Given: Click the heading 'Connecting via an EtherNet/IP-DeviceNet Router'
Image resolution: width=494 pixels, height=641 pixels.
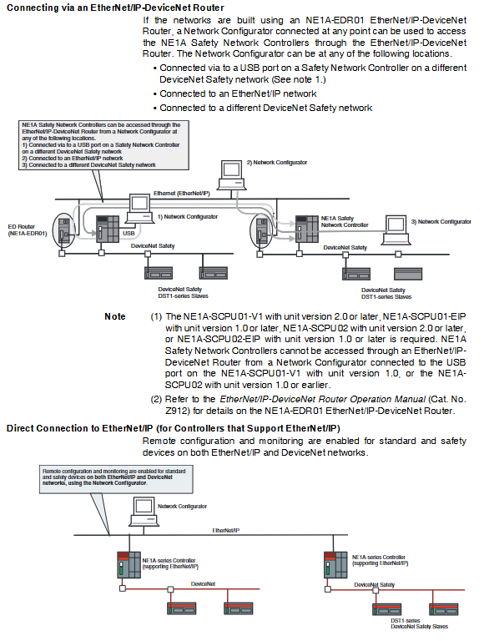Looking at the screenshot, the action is coord(116,8).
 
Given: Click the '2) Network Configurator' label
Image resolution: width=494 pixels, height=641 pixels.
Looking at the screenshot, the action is coord(277,162).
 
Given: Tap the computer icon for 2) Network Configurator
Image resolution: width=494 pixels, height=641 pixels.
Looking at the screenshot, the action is coord(232,175).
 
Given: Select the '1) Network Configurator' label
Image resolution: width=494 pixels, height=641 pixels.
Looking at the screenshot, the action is coord(188,217).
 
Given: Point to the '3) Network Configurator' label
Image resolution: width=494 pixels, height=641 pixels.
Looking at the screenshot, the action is coord(441,221).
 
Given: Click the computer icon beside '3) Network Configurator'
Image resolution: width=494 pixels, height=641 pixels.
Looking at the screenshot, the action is coord(396,230).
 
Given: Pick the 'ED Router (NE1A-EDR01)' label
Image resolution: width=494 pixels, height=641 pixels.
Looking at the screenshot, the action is coord(28,230).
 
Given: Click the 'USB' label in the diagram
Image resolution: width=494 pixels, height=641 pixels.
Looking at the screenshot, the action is coord(129,233).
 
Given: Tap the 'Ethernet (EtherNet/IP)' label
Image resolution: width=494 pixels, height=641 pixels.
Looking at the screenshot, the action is coord(181,194).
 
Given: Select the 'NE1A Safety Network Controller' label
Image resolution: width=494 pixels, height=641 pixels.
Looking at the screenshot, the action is coord(345,221).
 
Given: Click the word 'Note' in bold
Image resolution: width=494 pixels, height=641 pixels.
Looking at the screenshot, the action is coord(115,316).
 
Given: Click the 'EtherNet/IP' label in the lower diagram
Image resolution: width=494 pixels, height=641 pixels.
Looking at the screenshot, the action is coord(225,530).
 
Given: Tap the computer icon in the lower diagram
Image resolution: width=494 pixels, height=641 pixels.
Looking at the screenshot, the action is coord(144,511).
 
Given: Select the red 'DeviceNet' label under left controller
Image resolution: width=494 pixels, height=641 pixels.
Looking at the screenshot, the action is coord(203,583).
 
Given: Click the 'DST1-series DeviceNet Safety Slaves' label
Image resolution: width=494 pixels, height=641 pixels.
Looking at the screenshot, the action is coord(419,623).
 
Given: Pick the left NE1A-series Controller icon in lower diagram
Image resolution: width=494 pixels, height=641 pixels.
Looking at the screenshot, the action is coord(129,564).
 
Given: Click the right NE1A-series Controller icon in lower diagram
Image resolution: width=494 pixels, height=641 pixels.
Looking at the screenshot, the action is coord(335,564).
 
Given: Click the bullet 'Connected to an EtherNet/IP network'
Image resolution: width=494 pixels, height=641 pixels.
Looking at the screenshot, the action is coord(238,93).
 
